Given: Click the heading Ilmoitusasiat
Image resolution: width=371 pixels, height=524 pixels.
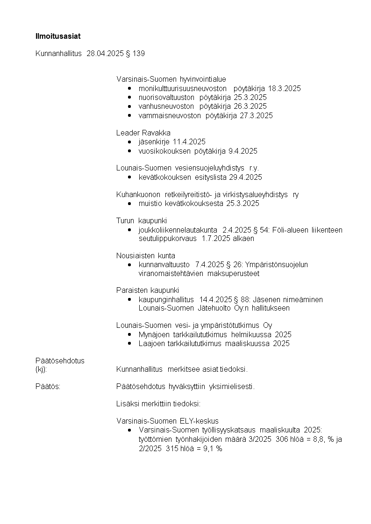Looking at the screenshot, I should click(55, 36).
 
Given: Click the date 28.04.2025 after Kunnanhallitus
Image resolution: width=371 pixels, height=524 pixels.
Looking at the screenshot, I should click(105, 54).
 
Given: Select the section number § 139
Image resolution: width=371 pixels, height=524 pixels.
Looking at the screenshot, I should click(135, 54).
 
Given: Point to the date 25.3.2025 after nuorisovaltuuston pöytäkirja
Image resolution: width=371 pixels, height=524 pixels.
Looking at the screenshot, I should click(250, 97).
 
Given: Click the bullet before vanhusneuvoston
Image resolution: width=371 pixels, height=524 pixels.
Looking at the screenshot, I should click(129, 106).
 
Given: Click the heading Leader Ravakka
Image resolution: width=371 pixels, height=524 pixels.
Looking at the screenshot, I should click(143, 133).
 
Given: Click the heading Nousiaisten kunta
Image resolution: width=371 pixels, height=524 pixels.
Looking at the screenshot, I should click(146, 255).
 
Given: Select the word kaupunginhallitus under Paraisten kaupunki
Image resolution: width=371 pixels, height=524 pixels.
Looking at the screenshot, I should click(166, 299).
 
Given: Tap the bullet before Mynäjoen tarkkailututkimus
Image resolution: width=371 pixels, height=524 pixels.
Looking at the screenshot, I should click(129, 335).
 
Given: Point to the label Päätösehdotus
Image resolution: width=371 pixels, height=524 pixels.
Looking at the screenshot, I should click(60, 361).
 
